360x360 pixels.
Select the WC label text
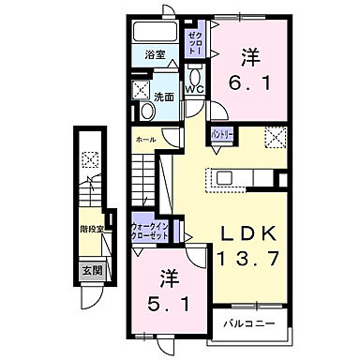[x=194, y=89]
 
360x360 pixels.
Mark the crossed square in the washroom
[x=142, y=90]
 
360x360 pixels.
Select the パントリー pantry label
[x=221, y=134]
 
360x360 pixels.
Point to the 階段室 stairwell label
[x=92, y=227]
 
